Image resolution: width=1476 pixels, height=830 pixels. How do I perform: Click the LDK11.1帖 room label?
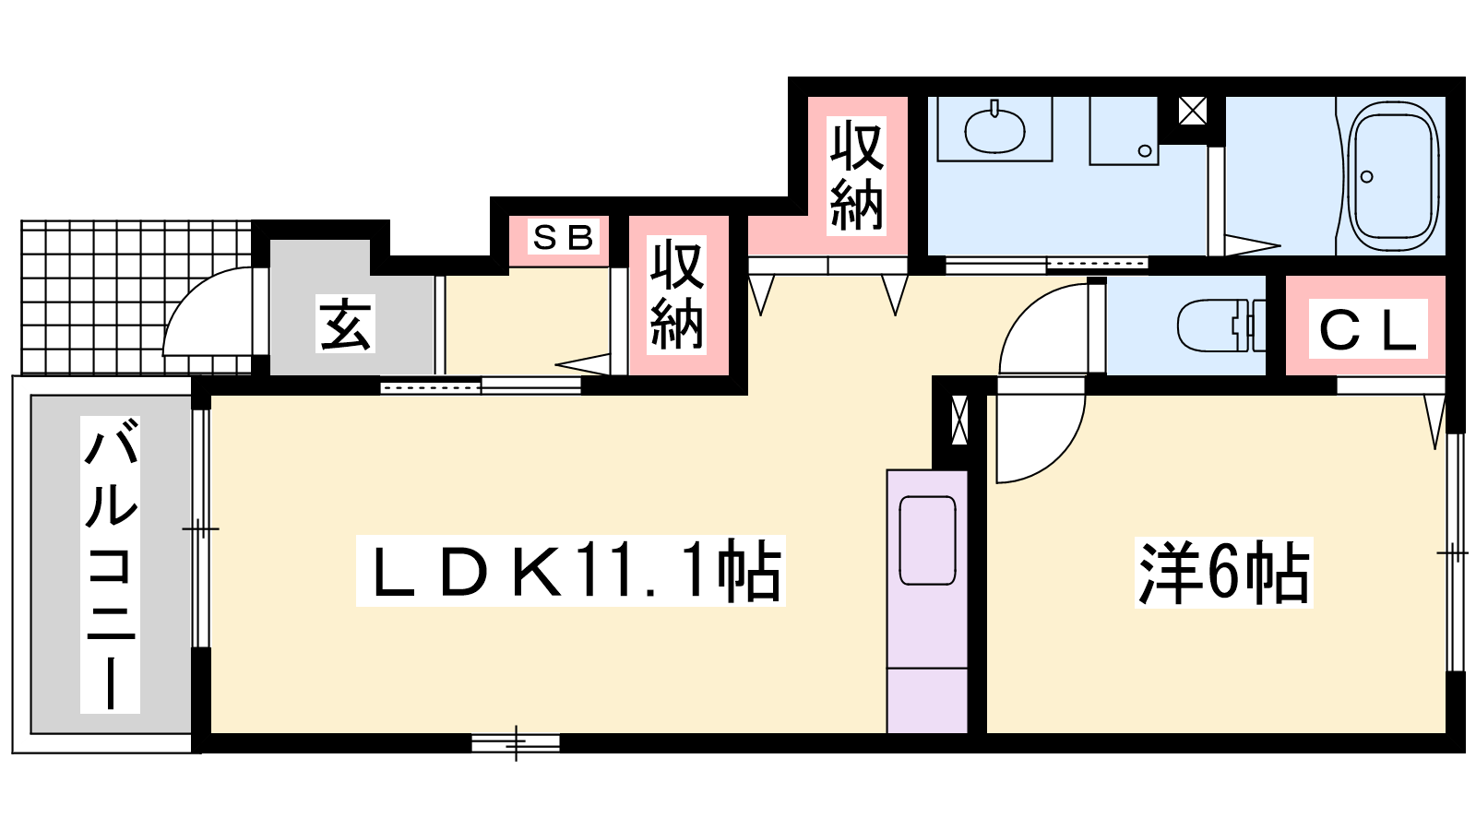571,571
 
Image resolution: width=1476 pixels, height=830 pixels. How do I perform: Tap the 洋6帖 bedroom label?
1223,572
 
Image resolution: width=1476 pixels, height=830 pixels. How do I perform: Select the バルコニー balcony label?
110,564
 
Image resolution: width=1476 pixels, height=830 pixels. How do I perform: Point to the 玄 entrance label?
345,324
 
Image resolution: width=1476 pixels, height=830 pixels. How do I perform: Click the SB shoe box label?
563,236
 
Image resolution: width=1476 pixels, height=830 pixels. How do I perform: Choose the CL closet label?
1368,328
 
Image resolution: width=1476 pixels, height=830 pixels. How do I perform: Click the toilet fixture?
1221,326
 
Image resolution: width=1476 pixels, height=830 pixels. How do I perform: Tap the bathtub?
1392,176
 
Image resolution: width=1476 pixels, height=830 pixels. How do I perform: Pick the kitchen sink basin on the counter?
927,540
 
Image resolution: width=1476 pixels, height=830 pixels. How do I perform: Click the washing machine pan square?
1124,130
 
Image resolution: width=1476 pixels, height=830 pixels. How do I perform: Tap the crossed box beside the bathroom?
1192,111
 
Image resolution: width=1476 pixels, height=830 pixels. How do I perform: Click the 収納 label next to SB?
677,294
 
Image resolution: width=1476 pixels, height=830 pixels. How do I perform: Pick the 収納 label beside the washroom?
856,176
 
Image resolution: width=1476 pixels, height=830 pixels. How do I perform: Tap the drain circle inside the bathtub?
1366,176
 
